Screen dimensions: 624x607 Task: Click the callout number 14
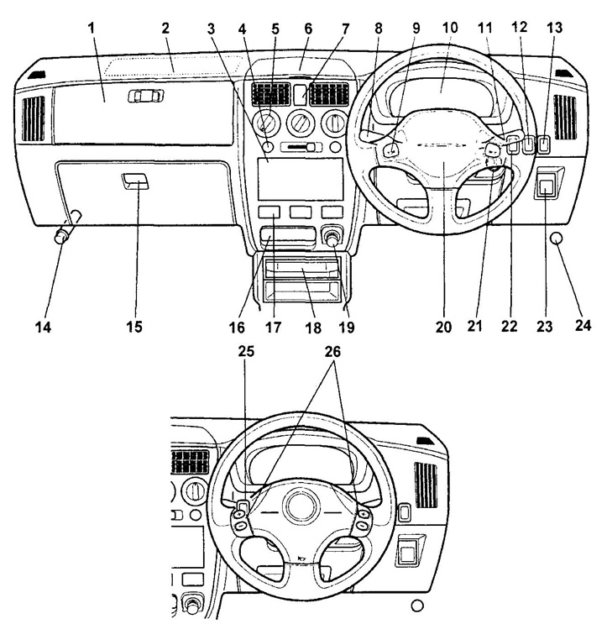pos(45,327)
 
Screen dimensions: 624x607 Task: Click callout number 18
pos(312,327)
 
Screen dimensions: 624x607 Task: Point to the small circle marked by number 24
pos(556,239)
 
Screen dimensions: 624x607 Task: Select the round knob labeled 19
pos(333,239)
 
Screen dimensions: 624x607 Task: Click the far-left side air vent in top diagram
pos(34,118)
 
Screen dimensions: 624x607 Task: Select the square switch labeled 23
pos(547,188)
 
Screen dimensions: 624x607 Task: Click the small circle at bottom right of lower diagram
pos(417,606)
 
